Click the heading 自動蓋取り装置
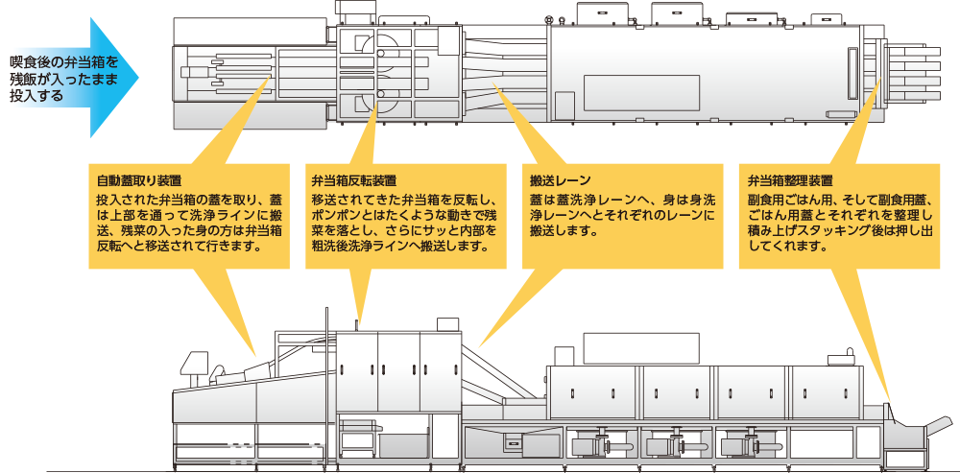(139, 180)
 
